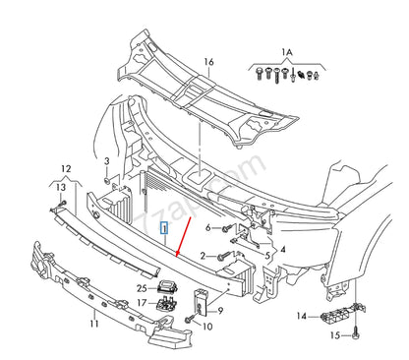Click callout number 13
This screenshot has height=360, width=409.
(x=60, y=187)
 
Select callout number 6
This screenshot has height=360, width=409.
(x=208, y=228)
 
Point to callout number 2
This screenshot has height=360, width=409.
(x=203, y=256)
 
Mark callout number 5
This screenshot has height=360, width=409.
(x=266, y=253)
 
